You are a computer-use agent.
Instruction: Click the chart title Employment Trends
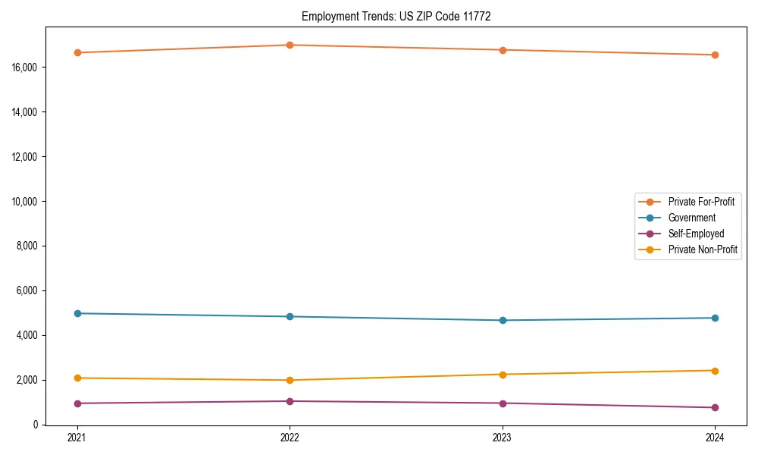coord(396,17)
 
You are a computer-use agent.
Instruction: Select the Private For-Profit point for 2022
coord(290,45)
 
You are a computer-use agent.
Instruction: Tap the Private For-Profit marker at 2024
coord(715,55)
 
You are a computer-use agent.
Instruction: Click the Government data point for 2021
coord(77,313)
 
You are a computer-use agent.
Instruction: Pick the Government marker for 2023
coord(503,320)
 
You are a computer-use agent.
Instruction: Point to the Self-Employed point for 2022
coord(290,401)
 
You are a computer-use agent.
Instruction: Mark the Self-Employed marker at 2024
coord(715,407)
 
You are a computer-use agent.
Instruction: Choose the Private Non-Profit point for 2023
coord(503,375)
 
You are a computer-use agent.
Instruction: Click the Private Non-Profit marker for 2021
coord(77,378)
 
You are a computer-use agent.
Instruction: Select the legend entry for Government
coord(691,218)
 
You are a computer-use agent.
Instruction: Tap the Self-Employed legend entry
coord(696,234)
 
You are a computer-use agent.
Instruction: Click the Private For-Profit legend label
coord(700,202)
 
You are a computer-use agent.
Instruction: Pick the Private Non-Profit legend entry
coord(703,249)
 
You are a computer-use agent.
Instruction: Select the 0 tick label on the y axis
coord(36,425)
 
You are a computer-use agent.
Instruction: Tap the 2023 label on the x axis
coord(503,437)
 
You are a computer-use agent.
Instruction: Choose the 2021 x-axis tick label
coord(77,437)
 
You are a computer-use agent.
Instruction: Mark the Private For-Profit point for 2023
coord(503,50)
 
